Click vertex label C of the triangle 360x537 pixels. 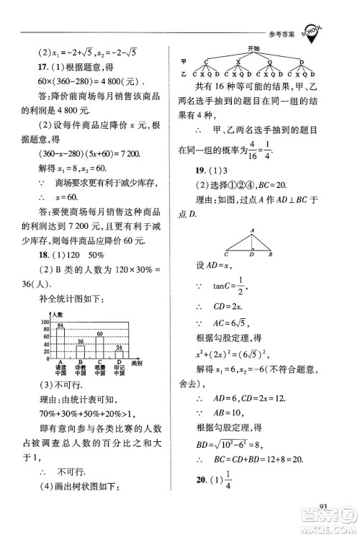point(226,254)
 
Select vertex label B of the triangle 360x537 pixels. point(270,254)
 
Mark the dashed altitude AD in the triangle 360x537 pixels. point(251,242)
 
